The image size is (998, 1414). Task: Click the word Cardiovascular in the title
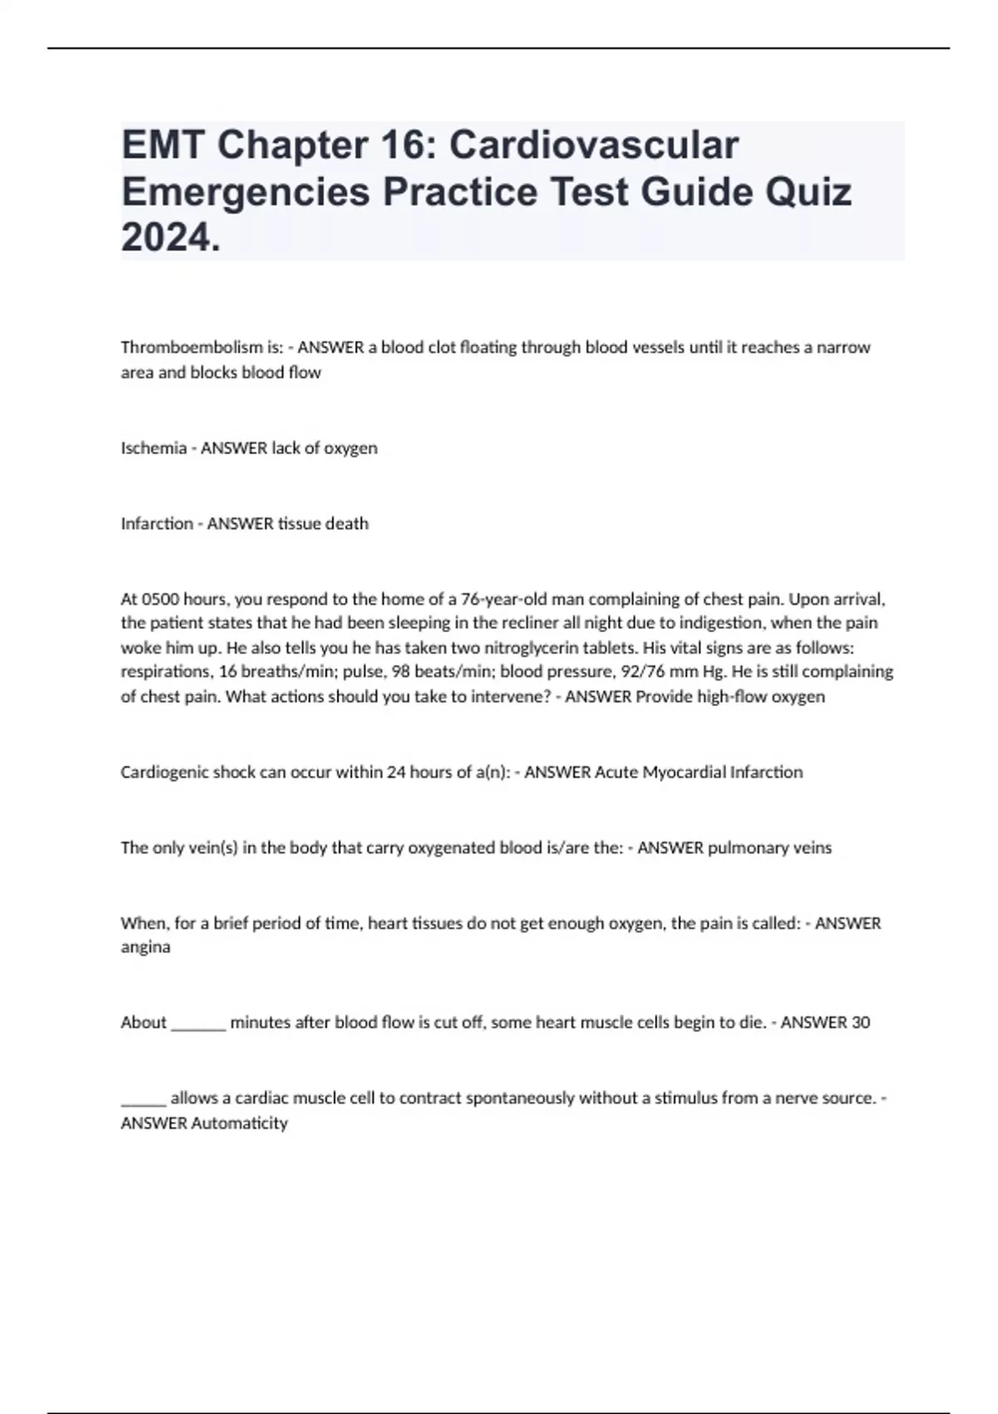tap(594, 146)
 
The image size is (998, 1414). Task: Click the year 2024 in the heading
tap(168, 238)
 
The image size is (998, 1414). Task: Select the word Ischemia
tap(154, 448)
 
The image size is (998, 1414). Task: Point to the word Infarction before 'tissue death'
tap(156, 524)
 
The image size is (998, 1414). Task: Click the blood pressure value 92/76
tap(637, 671)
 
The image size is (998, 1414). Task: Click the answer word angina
tap(146, 947)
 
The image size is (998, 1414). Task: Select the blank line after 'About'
tap(198, 1025)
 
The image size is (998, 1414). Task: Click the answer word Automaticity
tap(240, 1123)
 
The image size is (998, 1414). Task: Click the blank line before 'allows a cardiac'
tap(143, 1100)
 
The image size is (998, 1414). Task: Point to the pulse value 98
tap(402, 671)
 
